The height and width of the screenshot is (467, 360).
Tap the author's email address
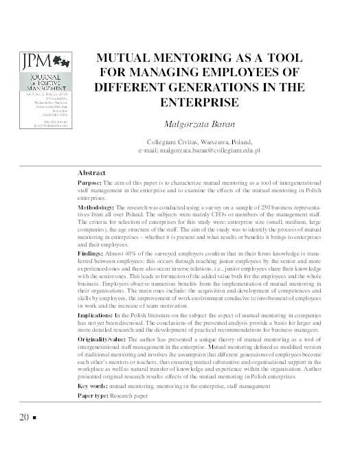click(222, 148)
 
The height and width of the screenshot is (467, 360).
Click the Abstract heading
click(92, 174)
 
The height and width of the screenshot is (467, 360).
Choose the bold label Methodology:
click(97, 206)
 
